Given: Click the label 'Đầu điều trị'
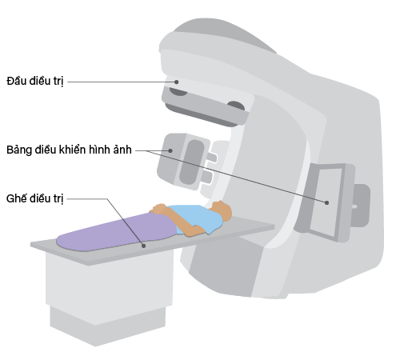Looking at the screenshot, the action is click(35, 81).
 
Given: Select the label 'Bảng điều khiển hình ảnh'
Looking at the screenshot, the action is click(69, 150).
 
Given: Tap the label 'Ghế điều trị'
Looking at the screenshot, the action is click(35, 199).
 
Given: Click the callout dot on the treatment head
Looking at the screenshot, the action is click(177, 82).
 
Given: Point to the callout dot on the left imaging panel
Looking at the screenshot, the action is click(170, 150).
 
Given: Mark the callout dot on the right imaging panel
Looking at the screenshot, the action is click(326, 202).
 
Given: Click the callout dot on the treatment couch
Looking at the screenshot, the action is click(143, 246).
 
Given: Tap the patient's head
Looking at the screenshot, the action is click(222, 210).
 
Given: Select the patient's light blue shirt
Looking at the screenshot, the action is click(196, 218).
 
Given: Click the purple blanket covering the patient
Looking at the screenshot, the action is click(118, 232).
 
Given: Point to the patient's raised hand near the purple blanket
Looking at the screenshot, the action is click(158, 209).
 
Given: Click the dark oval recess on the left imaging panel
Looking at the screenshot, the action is click(191, 162).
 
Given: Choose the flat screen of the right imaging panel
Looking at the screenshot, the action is click(326, 202).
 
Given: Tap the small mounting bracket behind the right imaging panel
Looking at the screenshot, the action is click(362, 206).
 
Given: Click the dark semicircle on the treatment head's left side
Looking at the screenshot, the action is click(178, 92).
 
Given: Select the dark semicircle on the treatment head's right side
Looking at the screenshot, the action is click(236, 106).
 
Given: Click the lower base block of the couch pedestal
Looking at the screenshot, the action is click(107, 326).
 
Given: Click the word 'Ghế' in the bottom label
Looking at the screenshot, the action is click(16, 199).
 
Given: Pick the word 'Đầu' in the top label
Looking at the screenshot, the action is click(16, 81).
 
